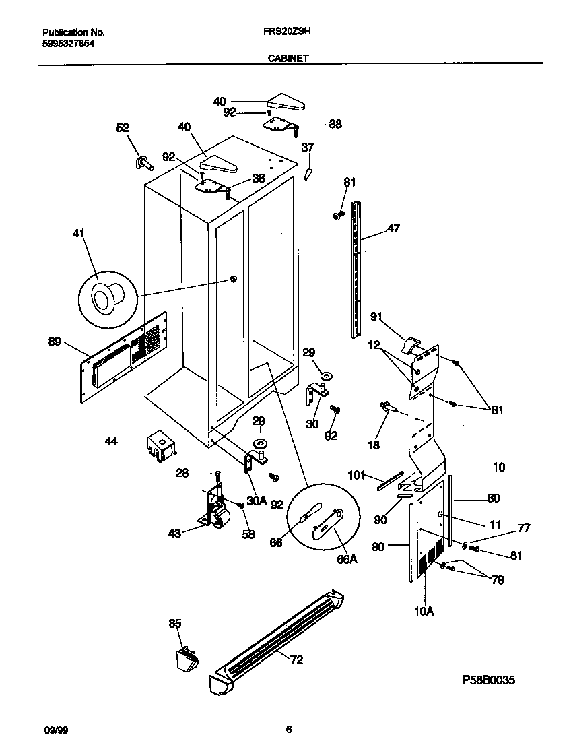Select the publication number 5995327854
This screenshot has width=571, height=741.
pyautogui.click(x=67, y=42)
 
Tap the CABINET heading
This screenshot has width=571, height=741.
pyautogui.click(x=288, y=59)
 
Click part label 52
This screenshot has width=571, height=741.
pyautogui.click(x=123, y=128)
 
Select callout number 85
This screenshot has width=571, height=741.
pyautogui.click(x=175, y=624)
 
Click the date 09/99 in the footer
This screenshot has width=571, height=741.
pyautogui.click(x=53, y=730)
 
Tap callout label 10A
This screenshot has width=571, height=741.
pyautogui.click(x=424, y=611)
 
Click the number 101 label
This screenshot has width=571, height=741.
pyautogui.click(x=357, y=475)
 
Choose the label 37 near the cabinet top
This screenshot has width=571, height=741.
pyautogui.click(x=308, y=148)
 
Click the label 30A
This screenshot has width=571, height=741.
pyautogui.click(x=257, y=501)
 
